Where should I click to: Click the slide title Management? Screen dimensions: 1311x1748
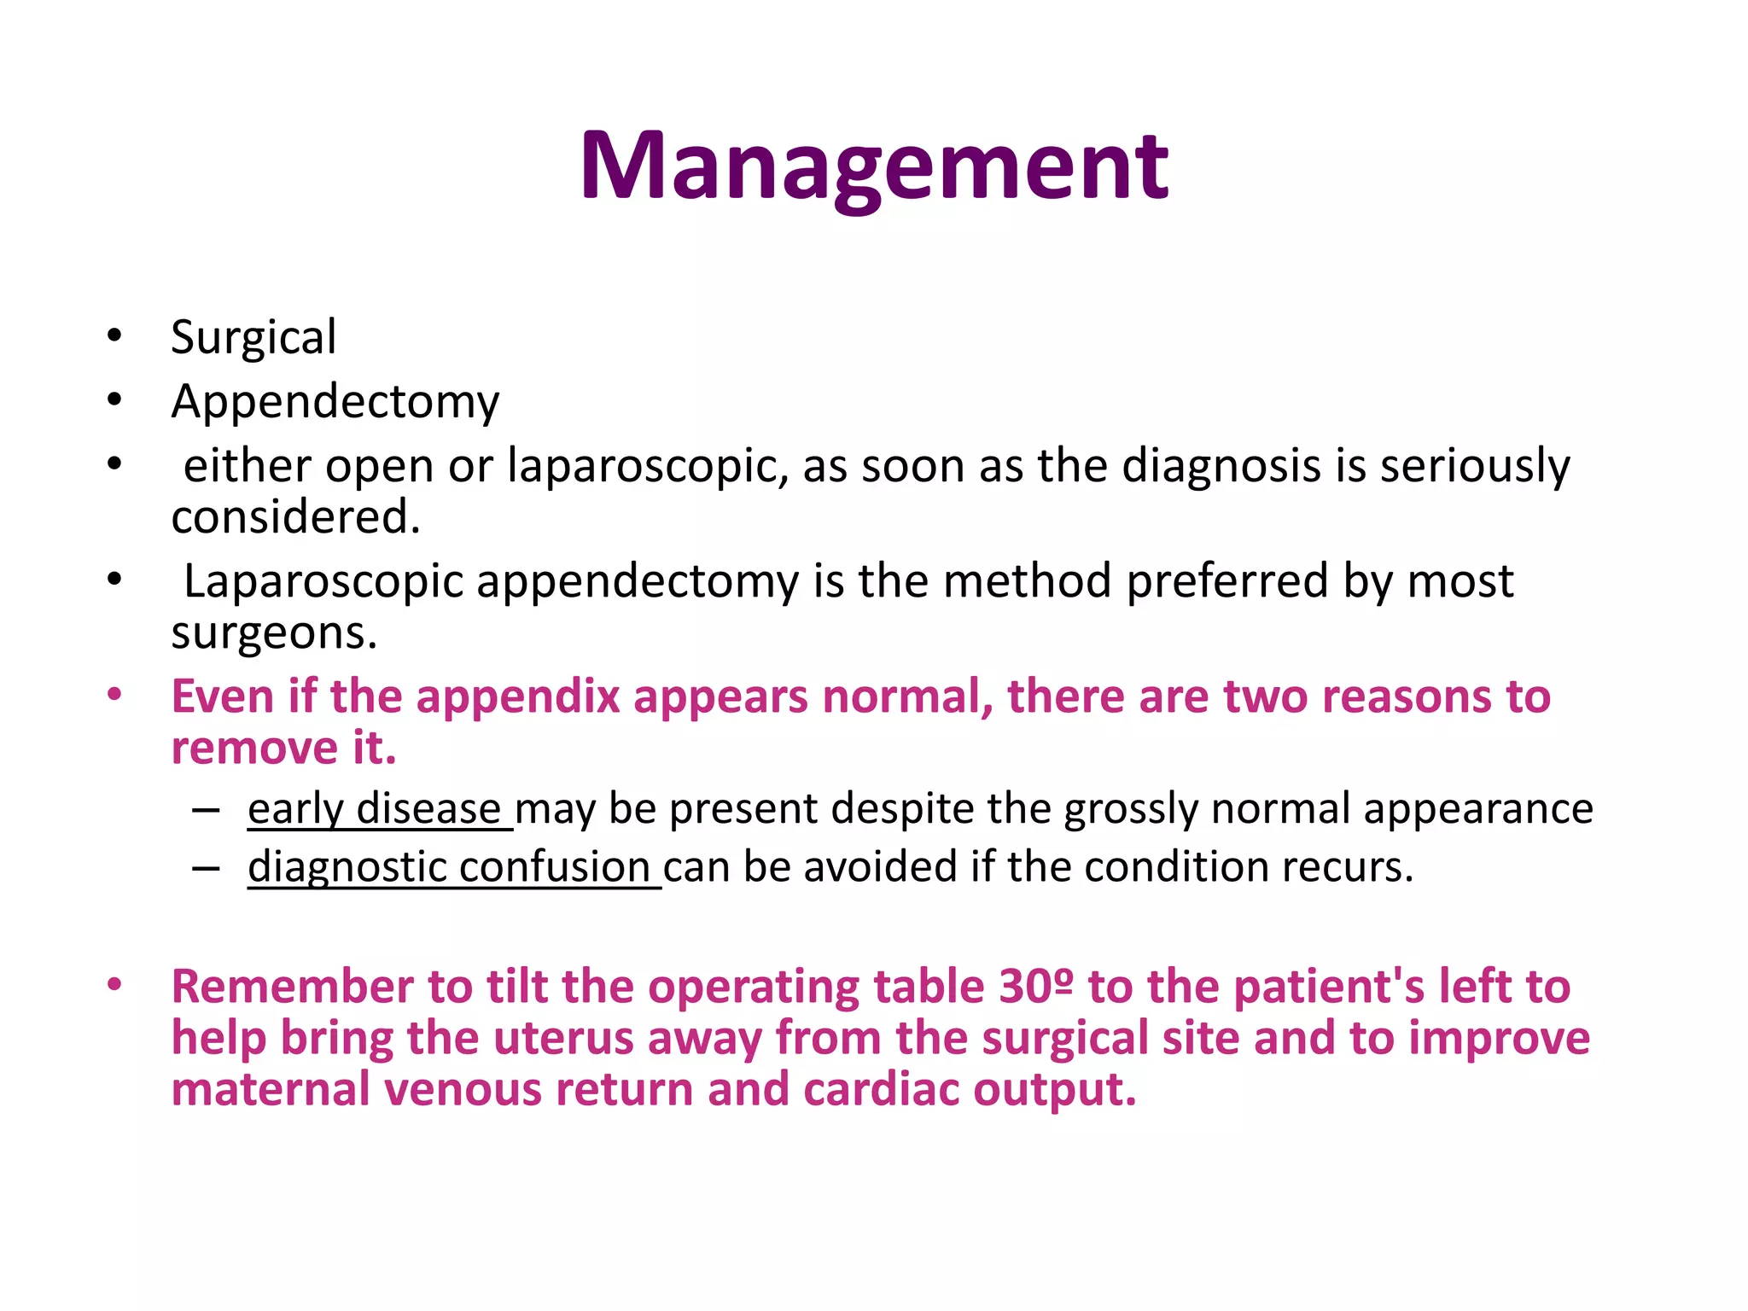(x=874, y=166)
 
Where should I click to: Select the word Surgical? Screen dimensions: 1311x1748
(x=253, y=338)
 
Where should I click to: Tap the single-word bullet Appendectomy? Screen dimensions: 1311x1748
(x=335, y=402)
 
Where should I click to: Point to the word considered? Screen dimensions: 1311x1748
(x=295, y=517)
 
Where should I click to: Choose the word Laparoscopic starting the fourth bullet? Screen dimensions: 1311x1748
(x=323, y=582)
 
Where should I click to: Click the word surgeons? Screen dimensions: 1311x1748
(x=273, y=633)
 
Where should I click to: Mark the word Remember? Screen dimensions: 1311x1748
(x=293, y=987)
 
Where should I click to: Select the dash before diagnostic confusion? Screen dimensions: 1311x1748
(x=206, y=868)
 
